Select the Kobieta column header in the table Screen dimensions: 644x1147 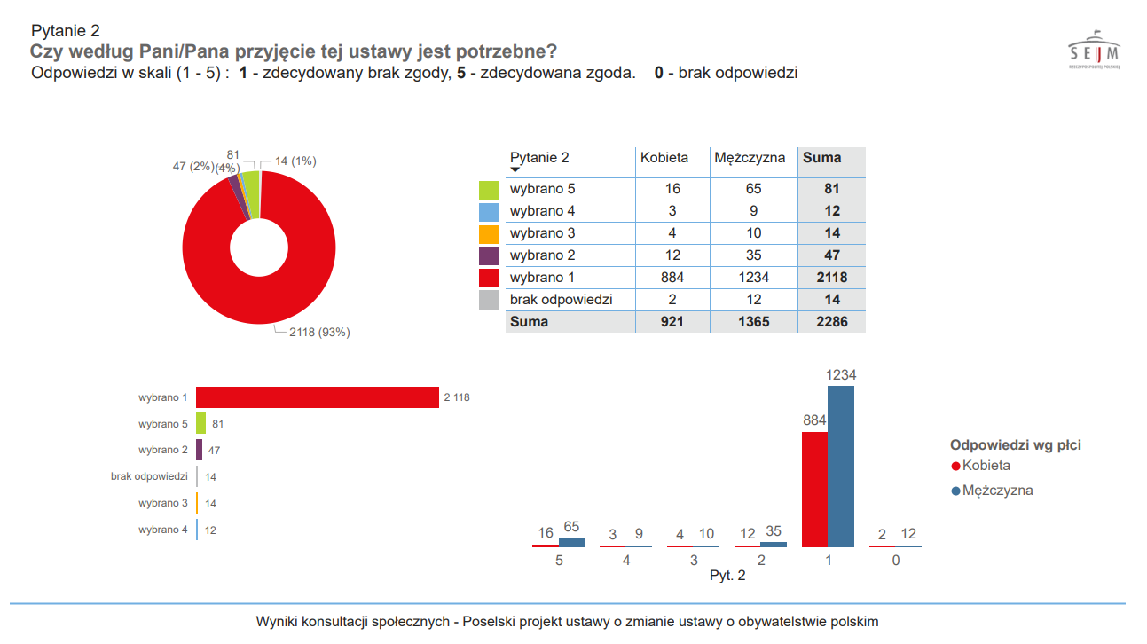[664, 158]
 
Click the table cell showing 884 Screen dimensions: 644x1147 [672, 278]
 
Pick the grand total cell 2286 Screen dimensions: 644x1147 [831, 322]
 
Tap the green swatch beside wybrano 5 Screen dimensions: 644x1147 [489, 190]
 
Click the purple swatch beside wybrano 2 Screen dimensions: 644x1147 [489, 256]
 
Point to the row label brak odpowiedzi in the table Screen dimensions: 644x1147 [561, 300]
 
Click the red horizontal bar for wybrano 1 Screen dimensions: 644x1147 [318, 397]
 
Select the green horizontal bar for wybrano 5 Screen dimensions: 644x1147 [201, 424]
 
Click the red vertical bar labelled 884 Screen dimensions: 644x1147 [814, 489]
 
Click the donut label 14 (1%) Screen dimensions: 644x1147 [295, 161]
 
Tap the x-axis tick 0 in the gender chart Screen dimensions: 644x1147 [896, 561]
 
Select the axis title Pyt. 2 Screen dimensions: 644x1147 [727, 576]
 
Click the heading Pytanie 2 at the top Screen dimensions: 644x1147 [65, 32]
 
